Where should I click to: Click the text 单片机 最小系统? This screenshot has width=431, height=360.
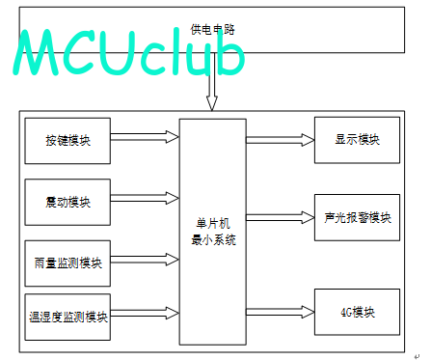213,232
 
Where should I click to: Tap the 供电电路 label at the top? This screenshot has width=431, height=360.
213,30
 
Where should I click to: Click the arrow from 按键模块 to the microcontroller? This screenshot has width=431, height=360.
145,137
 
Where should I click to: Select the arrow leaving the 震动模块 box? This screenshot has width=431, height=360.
145,198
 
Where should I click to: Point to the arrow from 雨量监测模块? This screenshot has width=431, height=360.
145,260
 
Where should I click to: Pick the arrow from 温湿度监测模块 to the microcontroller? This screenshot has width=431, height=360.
145,313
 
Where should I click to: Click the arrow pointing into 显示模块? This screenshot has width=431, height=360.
281,140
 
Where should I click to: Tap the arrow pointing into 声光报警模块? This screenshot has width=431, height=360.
281,217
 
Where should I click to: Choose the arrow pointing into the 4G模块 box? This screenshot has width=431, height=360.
281,312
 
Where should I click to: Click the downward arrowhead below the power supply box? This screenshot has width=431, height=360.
212,103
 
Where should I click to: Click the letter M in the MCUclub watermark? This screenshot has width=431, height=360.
36,52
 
